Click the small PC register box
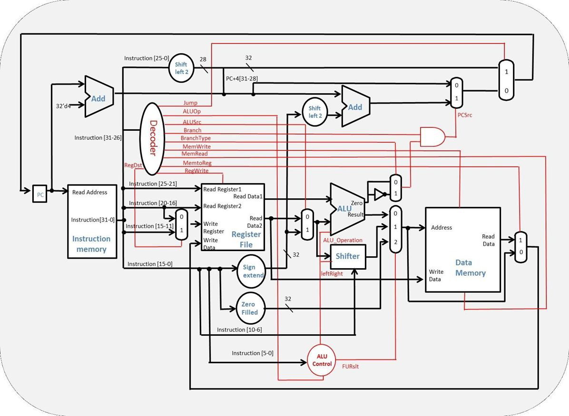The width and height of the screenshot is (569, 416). (x=39, y=194)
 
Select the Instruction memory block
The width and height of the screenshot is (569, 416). (x=92, y=221)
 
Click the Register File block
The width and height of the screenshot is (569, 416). (x=233, y=217)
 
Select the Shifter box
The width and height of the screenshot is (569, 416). (x=348, y=256)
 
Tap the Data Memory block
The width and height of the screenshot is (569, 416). (x=462, y=250)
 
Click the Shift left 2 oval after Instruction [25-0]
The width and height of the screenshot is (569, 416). (x=181, y=68)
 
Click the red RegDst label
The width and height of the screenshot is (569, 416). (x=133, y=165)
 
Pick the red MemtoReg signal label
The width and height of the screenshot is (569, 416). (x=197, y=163)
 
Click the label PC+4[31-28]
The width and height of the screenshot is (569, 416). (x=243, y=78)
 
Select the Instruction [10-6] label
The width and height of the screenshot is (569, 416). (x=239, y=329)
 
